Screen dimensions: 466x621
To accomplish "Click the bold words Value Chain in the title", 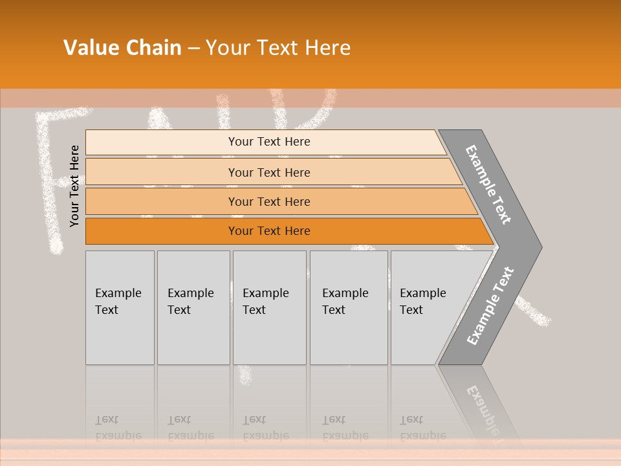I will pos(122,48).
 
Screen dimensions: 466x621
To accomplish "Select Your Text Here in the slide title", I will pos(278,48).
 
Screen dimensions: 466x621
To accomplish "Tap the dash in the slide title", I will pos(193,49).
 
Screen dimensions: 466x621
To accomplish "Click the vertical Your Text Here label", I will pos(75,186).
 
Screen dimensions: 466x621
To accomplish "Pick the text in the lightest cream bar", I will pos(269,142).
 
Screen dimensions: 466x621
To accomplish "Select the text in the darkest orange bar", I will pos(269,231).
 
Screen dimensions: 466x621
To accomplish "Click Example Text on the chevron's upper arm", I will pos(488,184).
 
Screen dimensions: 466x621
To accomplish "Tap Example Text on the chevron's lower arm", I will pos(490,306).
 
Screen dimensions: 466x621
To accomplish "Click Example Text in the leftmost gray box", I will pos(118,302).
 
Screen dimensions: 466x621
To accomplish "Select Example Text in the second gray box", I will pos(190,302).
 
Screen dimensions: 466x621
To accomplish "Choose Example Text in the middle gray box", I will pos(265,302).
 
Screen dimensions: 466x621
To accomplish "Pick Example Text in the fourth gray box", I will pos(345,302).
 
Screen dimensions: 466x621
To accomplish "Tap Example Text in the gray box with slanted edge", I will pos(422,302).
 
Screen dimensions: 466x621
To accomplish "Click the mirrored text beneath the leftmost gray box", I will pos(118,428).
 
